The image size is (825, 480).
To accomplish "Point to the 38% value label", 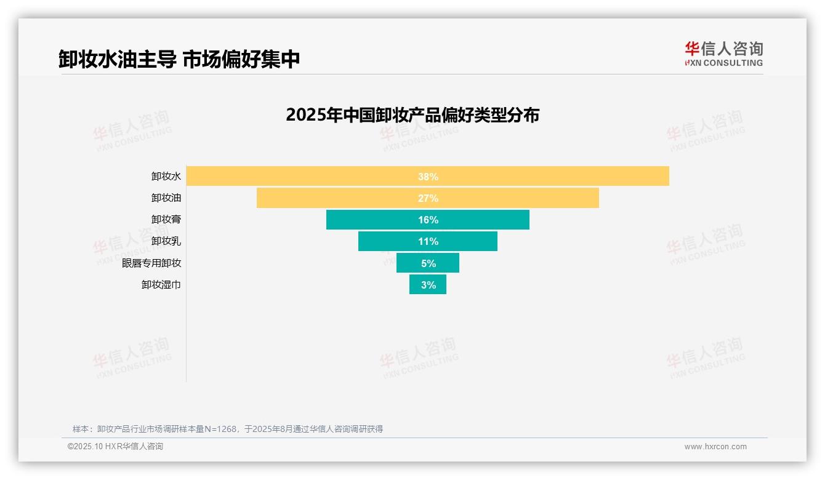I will (x=428, y=177).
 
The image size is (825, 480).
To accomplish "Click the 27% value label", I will (x=428, y=198).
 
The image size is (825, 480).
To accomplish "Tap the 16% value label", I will (x=428, y=220).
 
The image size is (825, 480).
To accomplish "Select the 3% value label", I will (x=429, y=285).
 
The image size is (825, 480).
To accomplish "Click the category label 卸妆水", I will (x=166, y=176).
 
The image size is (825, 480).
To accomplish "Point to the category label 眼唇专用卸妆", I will (x=151, y=263).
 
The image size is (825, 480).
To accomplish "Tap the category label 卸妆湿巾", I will (x=161, y=284).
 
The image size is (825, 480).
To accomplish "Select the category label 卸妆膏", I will (x=166, y=219).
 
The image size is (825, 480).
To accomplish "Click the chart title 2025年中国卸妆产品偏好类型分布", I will (x=412, y=115).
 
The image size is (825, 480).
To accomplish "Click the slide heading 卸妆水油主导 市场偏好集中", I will (x=179, y=59).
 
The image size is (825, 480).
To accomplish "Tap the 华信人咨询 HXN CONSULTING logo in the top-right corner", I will (x=723, y=54).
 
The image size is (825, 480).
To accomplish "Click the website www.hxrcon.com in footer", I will (x=715, y=447).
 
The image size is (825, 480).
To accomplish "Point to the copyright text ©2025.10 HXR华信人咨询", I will (x=115, y=447).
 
